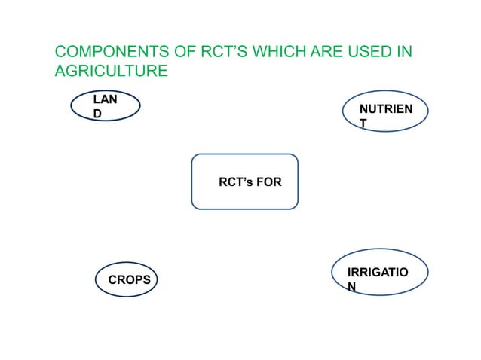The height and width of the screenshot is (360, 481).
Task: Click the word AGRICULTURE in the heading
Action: click(111, 72)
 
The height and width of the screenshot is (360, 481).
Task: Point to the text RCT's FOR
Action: click(250, 182)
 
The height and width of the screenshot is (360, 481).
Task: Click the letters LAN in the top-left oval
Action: click(104, 99)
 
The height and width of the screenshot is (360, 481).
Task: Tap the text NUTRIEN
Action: click(386, 109)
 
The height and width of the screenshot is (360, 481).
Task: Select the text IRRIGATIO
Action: click(378, 271)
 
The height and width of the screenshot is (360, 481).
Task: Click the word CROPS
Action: click(130, 280)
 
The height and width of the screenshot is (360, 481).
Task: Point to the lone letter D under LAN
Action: click(97, 113)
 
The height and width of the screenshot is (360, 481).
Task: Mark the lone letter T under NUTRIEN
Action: click(363, 124)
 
